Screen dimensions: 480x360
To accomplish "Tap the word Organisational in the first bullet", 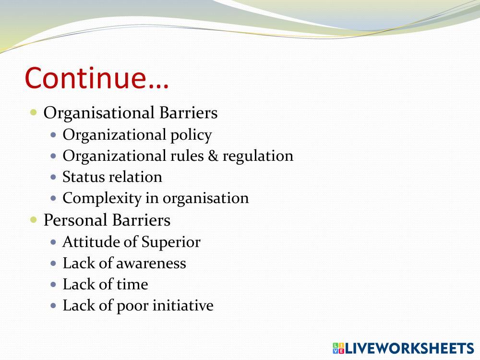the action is pyautogui.click(x=99, y=113).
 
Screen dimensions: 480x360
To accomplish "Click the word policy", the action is pyautogui.click(x=191, y=135).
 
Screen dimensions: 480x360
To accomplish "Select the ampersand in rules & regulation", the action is pyautogui.click(x=213, y=156).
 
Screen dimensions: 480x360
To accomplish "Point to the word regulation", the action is pyautogui.click(x=258, y=156).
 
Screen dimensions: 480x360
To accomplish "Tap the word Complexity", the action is pyautogui.click(x=102, y=199).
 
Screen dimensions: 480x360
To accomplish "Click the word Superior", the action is pyautogui.click(x=171, y=242).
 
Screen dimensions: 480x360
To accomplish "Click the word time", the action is pyautogui.click(x=132, y=284).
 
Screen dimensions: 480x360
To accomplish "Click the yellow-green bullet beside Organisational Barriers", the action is pyautogui.click(x=34, y=112).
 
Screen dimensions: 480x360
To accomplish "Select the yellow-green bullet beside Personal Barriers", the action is pyautogui.click(x=34, y=219).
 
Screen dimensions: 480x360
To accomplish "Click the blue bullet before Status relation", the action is pyautogui.click(x=54, y=177).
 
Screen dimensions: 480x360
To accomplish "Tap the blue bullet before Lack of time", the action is pyautogui.click(x=54, y=284).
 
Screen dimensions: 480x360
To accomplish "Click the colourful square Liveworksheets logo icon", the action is pyautogui.click(x=338, y=348).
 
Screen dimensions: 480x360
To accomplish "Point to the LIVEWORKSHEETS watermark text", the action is pyautogui.click(x=409, y=348).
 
